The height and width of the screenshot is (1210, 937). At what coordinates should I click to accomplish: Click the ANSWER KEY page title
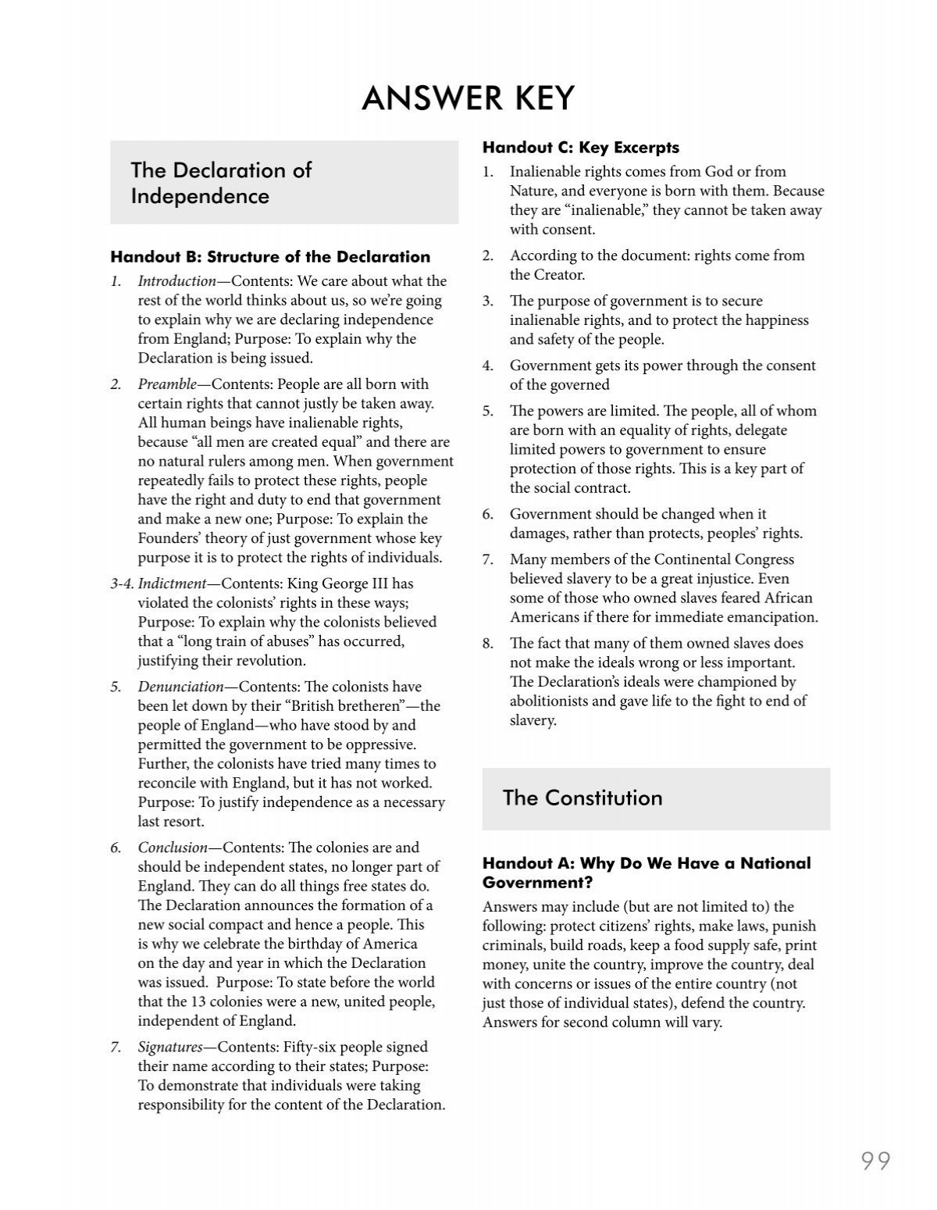pyautogui.click(x=468, y=98)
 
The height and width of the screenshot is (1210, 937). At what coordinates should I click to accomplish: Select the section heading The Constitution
pyautogui.click(x=582, y=798)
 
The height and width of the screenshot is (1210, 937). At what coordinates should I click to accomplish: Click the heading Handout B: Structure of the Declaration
pyautogui.click(x=270, y=256)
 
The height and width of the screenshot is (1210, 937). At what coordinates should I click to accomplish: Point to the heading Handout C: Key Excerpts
pyautogui.click(x=580, y=147)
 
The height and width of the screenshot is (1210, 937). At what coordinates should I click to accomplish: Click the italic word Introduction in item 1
pyautogui.click(x=176, y=281)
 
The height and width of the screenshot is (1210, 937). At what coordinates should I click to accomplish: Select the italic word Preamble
pyautogui.click(x=166, y=384)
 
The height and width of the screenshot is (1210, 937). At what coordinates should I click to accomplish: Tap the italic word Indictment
pyautogui.click(x=172, y=584)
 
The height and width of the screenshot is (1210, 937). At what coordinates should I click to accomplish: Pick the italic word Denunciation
pyautogui.click(x=180, y=687)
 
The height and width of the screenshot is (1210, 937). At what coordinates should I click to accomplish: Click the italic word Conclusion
pyautogui.click(x=173, y=848)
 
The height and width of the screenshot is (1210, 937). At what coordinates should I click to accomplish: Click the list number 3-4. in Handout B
pyautogui.click(x=122, y=584)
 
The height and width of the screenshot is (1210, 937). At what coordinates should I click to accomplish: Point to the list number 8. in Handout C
pyautogui.click(x=488, y=644)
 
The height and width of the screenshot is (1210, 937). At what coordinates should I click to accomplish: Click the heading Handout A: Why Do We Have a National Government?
pyautogui.click(x=646, y=873)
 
